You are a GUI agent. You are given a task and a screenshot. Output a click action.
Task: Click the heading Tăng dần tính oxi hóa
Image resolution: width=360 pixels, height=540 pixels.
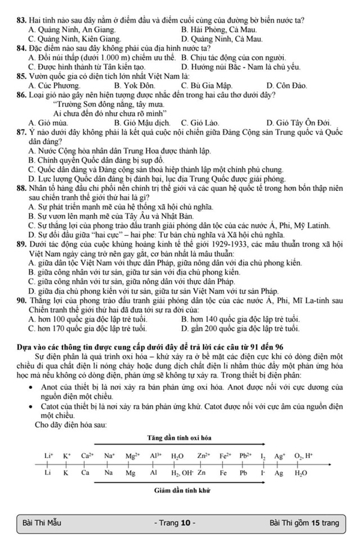click(179, 437)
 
